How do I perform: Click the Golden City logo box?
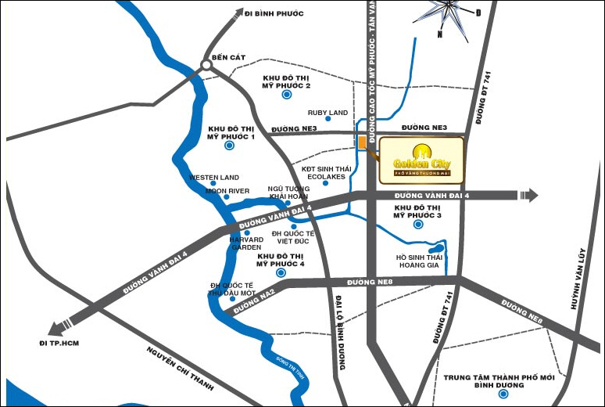coord(421,160)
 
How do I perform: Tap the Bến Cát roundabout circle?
coord(208,67)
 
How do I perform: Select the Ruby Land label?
coord(328,113)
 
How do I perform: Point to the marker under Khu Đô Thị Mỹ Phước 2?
coord(286,95)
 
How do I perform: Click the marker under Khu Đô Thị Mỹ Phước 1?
coord(230,146)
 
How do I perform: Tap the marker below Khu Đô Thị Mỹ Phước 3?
coord(417,225)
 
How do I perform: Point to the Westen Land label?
coord(214,178)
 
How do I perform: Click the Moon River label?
coord(227,190)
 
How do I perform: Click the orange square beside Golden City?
coord(362,143)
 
